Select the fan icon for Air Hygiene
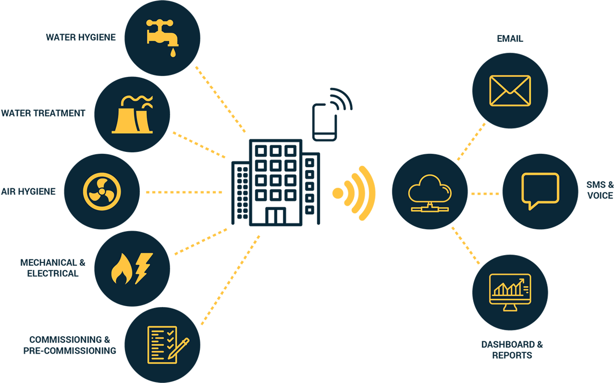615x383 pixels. [102, 191]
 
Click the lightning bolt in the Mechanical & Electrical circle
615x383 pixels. [143, 267]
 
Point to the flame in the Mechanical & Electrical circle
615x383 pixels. [120, 270]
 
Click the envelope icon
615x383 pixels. [510, 91]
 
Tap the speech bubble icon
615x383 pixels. [540, 191]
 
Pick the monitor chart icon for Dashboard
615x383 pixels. [510, 292]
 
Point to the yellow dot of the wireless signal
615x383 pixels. [338, 193]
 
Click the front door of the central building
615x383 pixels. [275, 215]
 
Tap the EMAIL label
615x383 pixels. [510, 39]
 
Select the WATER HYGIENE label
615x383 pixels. [81, 37]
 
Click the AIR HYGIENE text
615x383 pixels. [28, 191]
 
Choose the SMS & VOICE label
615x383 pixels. [600, 190]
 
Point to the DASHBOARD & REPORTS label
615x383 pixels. [512, 350]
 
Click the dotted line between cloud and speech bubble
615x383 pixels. [485, 193]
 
